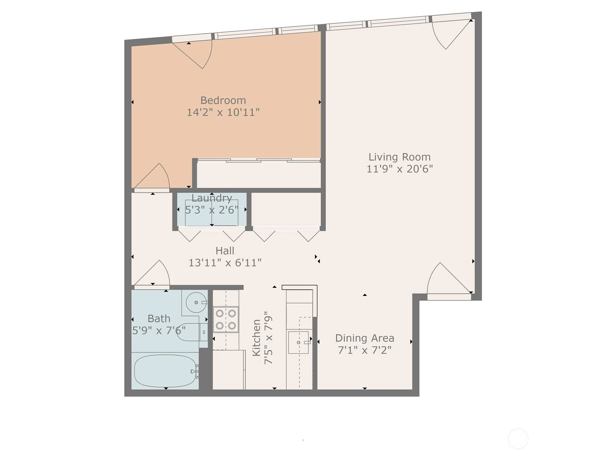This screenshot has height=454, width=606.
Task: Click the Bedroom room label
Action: [223, 100]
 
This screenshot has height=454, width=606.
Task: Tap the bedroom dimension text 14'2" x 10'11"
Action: [223, 112]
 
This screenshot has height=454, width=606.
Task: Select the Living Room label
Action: [400, 157]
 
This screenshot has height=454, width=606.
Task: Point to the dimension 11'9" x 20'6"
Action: [400, 169]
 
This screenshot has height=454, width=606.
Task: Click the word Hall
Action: [225, 251]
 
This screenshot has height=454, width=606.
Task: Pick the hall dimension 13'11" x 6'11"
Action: [225, 263]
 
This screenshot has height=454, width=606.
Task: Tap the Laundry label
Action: [212, 198]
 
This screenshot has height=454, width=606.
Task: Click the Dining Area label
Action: [365, 338]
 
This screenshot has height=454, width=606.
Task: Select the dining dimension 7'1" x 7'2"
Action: [365, 350]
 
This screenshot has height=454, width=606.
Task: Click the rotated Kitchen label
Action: [256, 338]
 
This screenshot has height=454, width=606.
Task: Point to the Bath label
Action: [159, 319]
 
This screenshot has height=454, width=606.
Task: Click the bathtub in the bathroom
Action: [165, 371]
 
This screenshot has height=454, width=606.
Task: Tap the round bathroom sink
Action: [196, 302]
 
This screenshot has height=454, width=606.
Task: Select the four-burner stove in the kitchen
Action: [226, 320]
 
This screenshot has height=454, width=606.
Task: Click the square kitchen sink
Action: [298, 342]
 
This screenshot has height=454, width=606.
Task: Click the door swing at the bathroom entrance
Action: [152, 273]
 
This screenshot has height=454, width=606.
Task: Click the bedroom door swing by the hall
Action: [152, 176]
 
